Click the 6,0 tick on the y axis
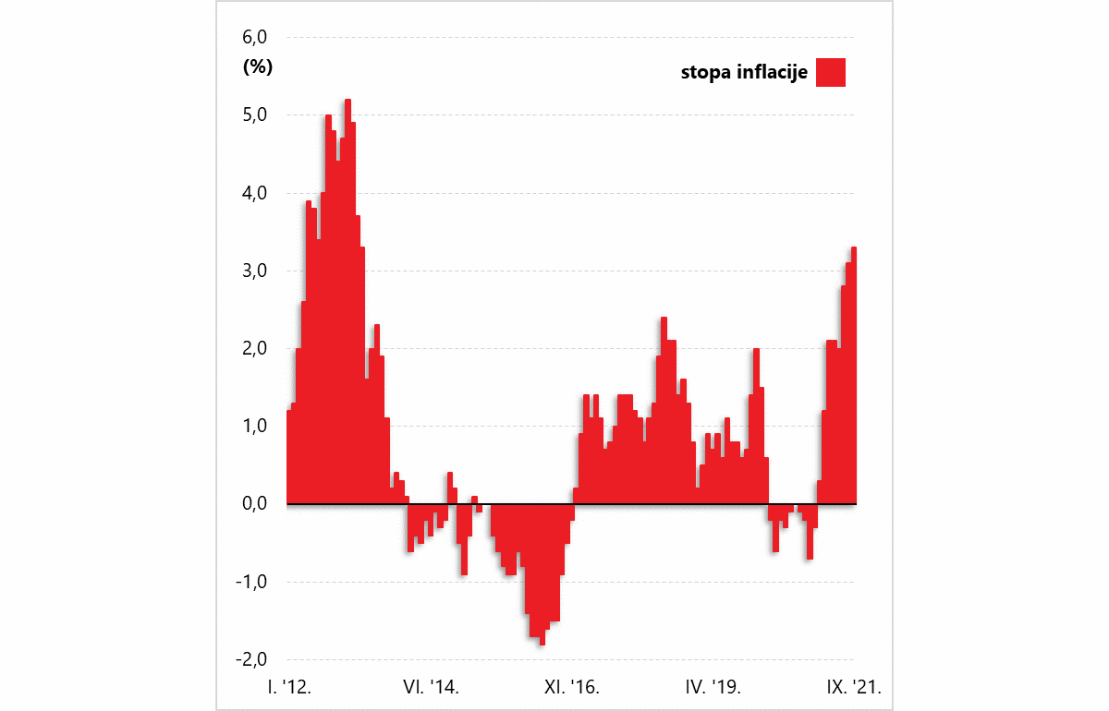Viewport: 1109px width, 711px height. [x=254, y=38]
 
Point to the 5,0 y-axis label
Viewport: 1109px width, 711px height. [x=254, y=115]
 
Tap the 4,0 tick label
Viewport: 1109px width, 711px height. [x=254, y=193]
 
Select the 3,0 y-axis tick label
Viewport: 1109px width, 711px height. [x=254, y=271]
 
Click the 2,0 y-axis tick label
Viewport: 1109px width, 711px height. [x=254, y=348]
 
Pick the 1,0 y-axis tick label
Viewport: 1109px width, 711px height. [x=254, y=426]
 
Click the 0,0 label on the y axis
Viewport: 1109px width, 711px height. [x=254, y=503]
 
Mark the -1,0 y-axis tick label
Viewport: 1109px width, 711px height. [x=252, y=582]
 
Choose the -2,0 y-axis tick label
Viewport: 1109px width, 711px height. [x=252, y=659]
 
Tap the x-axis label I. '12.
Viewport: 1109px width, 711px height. [x=289, y=687]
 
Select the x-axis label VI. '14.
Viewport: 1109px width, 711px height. [x=431, y=687]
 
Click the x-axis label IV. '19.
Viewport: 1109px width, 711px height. [x=713, y=687]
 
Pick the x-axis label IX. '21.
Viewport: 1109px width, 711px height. [x=853, y=687]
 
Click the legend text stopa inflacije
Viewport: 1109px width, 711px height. [x=744, y=72]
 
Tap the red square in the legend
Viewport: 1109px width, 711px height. [x=831, y=72]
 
